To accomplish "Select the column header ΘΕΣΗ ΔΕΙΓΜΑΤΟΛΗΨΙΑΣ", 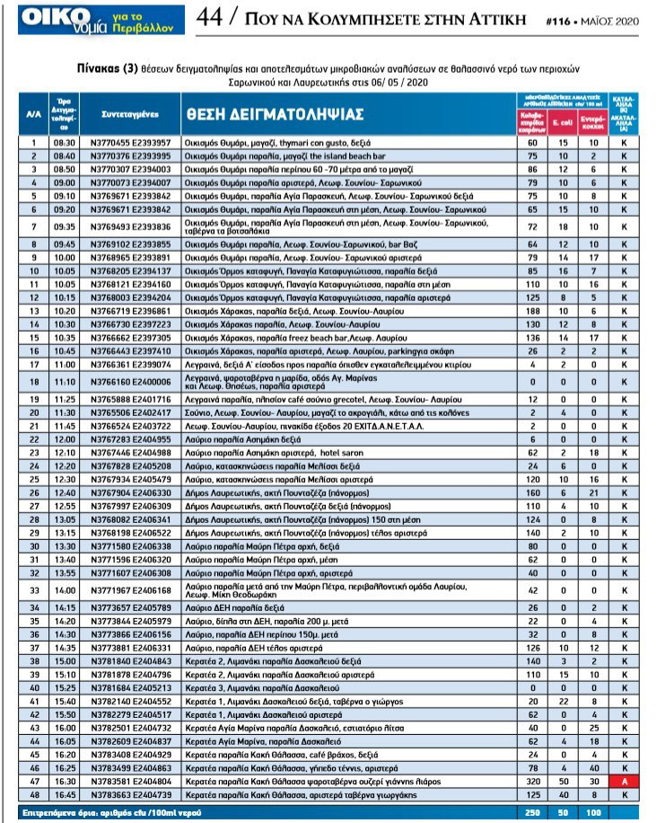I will [274, 114].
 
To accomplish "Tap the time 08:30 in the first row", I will [64, 143].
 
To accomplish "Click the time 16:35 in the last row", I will [65, 796].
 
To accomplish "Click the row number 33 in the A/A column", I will [32, 590].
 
